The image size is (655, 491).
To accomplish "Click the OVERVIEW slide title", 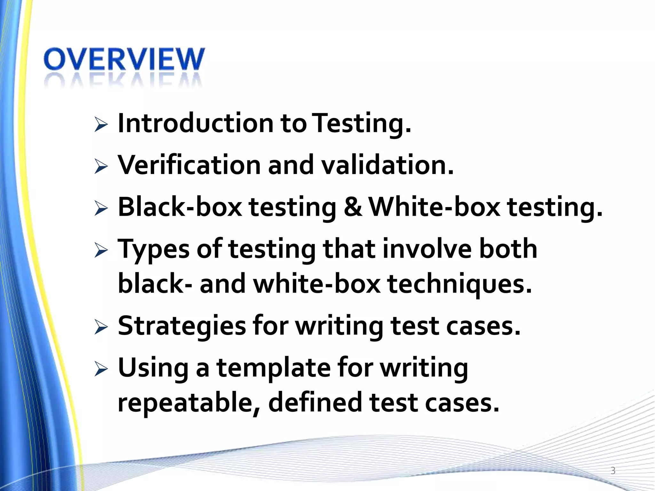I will pyautogui.click(x=124, y=59).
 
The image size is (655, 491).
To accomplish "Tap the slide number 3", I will pyautogui.click(x=613, y=471).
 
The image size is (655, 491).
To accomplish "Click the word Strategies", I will pyautogui.click(x=181, y=326).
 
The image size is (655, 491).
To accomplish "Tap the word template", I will pyautogui.click(x=273, y=368).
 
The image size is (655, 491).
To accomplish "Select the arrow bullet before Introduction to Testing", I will pyautogui.click(x=101, y=125).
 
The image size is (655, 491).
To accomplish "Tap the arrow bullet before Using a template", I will pyautogui.click(x=101, y=370).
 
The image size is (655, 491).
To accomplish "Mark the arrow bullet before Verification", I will pyautogui.click(x=101, y=167).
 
